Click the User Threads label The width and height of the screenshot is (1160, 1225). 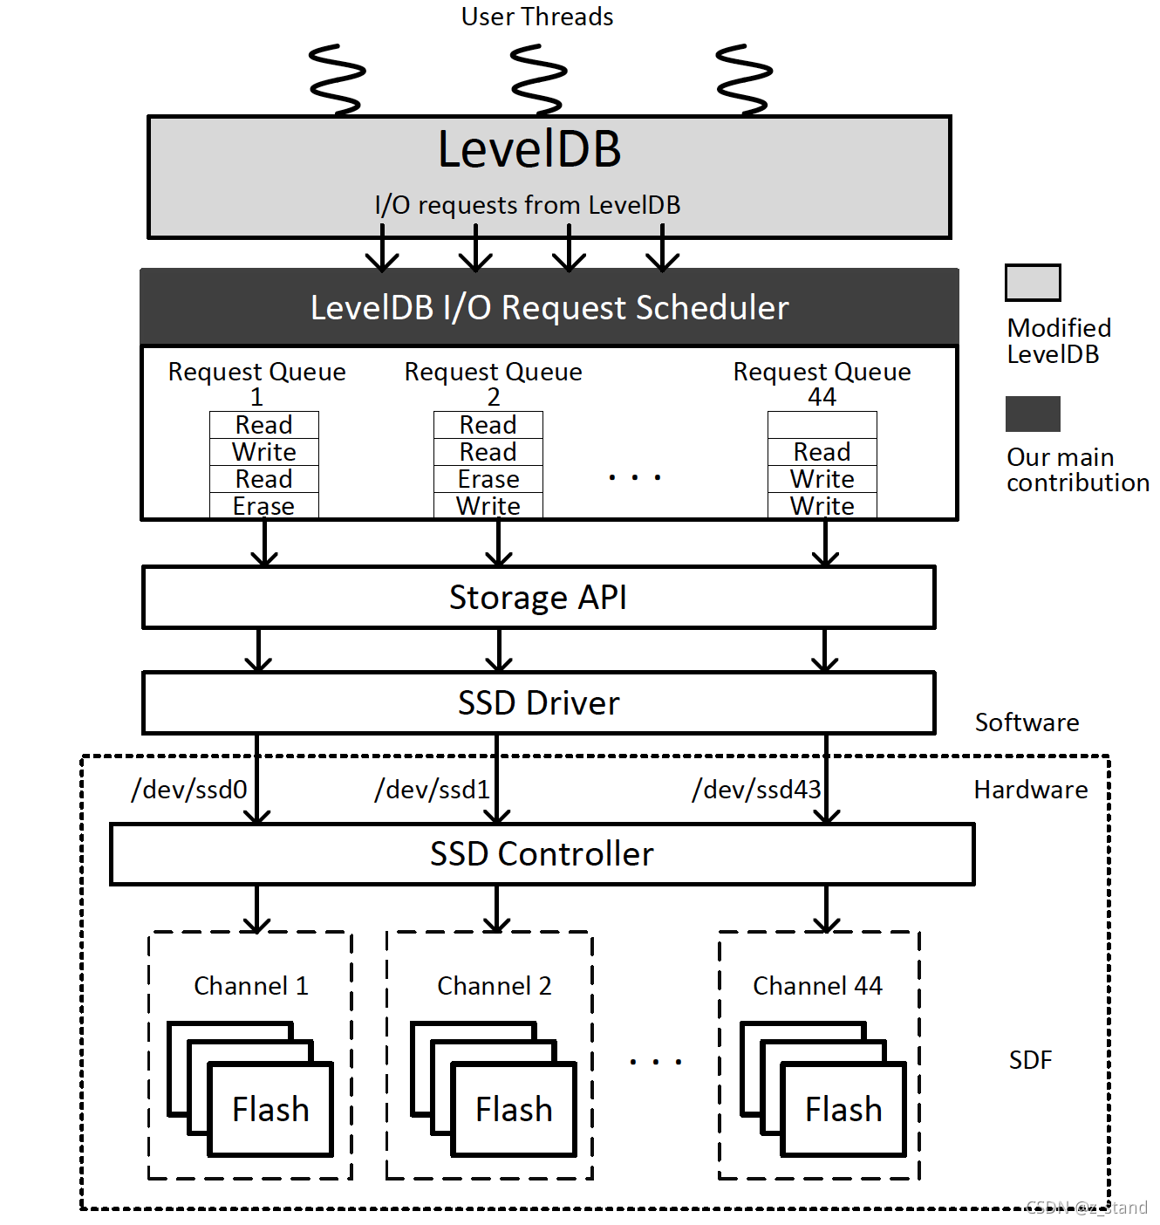(536, 17)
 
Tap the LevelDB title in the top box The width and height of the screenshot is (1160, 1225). (529, 149)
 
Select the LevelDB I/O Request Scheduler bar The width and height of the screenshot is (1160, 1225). (549, 307)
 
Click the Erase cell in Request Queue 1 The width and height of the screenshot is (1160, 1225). (263, 506)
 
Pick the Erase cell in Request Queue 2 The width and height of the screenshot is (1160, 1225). (488, 479)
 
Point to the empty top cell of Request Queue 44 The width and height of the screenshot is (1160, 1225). (822, 425)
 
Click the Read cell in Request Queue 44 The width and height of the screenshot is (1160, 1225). (822, 452)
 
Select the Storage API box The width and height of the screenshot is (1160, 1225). (538, 598)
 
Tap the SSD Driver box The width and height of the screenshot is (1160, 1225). (538, 703)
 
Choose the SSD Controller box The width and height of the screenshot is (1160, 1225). (542, 854)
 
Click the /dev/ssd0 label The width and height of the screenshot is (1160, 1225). (189, 790)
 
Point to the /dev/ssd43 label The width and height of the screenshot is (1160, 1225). (756, 790)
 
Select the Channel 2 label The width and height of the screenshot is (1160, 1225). (494, 986)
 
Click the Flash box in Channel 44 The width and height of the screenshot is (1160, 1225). (843, 1110)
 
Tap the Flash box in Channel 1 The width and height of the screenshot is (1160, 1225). (270, 1110)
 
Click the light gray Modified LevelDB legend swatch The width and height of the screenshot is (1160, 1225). (1033, 283)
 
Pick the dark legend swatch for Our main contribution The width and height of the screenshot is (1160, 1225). (1033, 414)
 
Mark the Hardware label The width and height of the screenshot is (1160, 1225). (1030, 790)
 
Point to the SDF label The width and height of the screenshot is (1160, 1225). (1030, 1060)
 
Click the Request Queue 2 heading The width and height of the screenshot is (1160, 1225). (493, 382)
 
